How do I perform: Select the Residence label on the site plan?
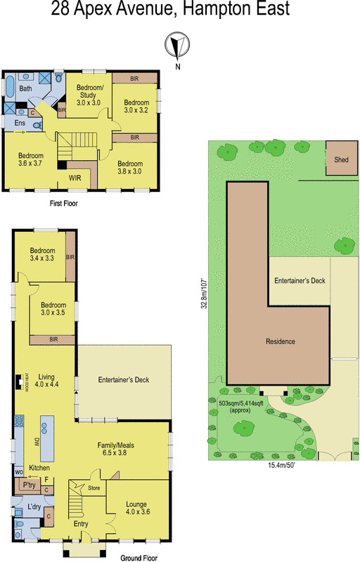click(x=280, y=341)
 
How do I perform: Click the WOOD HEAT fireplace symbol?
click(x=16, y=381)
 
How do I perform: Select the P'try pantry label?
click(x=29, y=485)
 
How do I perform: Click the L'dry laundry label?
click(x=34, y=507)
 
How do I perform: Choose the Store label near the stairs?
click(x=94, y=487)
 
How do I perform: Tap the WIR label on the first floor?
click(x=75, y=178)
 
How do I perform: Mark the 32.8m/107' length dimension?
click(x=204, y=292)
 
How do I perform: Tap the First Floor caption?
click(x=63, y=204)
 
